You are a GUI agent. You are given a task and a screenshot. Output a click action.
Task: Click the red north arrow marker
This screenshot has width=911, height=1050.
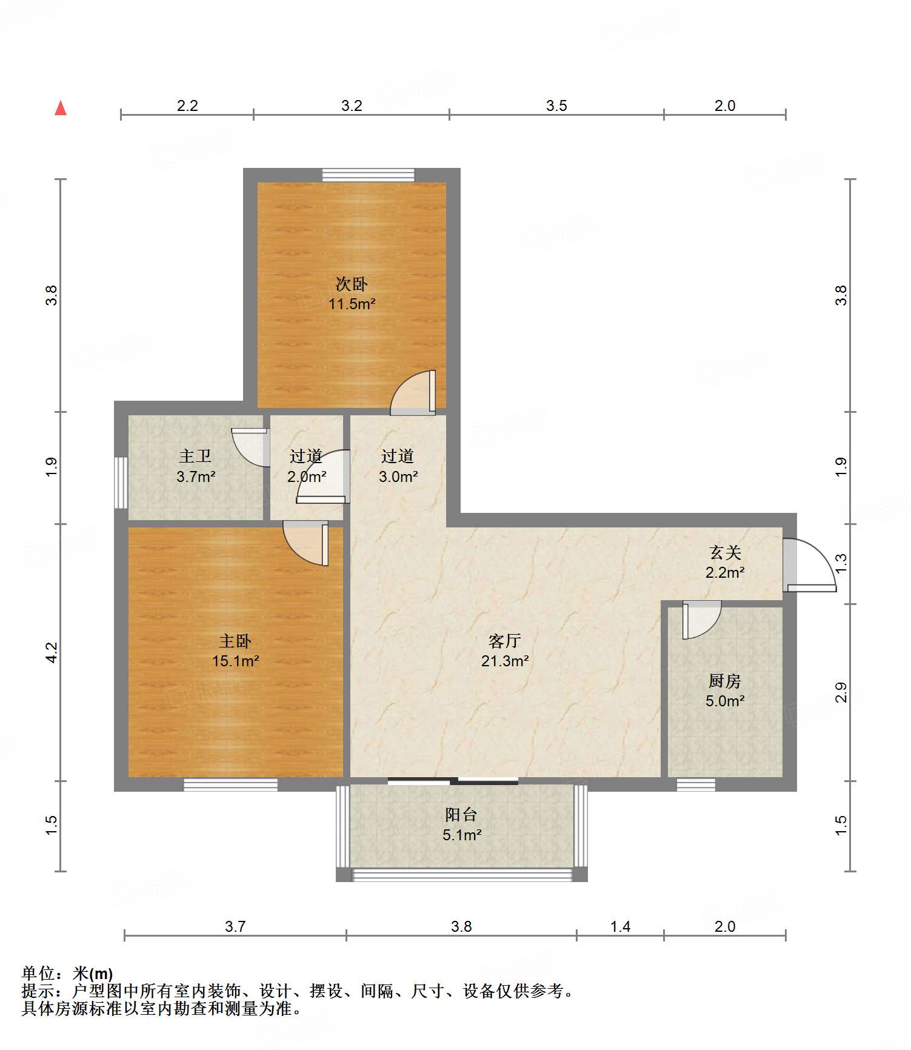tap(61, 108)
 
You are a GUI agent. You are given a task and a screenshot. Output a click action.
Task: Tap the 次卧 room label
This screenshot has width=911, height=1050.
tap(352, 284)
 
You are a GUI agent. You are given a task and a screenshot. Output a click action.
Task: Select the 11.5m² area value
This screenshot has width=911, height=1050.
tap(352, 304)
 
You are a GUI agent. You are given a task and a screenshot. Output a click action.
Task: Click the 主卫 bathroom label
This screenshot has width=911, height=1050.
tap(195, 456)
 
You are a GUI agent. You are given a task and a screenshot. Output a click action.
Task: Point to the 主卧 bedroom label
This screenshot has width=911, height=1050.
tap(235, 641)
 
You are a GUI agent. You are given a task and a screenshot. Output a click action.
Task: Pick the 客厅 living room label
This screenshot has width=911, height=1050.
tap(505, 641)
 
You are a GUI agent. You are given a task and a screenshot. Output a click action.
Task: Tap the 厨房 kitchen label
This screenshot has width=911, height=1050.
tap(725, 681)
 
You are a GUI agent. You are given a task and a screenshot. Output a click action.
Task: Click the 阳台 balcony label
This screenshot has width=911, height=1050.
tap(461, 815)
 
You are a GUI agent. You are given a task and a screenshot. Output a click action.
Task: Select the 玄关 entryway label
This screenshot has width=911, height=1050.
tap(725, 552)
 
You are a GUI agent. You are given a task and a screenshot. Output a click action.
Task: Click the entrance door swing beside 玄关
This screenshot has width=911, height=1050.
tap(809, 564)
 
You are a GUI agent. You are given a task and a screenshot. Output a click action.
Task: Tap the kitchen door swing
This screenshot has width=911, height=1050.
tap(702, 620)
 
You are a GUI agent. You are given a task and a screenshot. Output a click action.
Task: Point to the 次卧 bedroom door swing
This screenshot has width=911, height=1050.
tap(413, 392)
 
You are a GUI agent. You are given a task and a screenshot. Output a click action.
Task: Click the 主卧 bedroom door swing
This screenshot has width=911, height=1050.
tap(305, 543)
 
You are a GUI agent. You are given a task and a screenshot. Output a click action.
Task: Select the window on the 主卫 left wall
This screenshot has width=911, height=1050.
tap(121, 483)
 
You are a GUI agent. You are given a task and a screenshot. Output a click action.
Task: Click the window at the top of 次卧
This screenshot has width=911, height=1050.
tap(369, 175)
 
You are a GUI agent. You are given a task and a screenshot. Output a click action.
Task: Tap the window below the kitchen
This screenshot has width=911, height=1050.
tap(696, 785)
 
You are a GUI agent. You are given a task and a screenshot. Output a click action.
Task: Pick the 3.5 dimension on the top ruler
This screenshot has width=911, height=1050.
tap(556, 105)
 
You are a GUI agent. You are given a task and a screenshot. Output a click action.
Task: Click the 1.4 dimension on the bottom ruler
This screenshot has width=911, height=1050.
tap(620, 926)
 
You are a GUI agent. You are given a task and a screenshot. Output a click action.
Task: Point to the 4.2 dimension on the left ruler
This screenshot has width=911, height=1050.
tap(52, 652)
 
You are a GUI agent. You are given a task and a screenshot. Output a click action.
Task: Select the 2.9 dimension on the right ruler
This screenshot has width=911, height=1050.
tap(841, 692)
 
